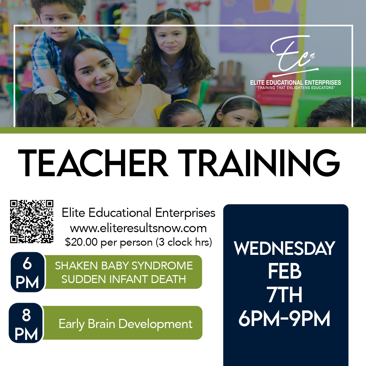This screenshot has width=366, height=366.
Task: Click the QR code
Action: pyautogui.click(x=32, y=222)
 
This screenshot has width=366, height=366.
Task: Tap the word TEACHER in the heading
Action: pyautogui.click(x=93, y=163)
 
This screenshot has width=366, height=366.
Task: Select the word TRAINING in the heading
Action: pyautogui.click(x=259, y=163)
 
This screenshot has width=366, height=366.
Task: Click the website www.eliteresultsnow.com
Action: pyautogui.click(x=138, y=228)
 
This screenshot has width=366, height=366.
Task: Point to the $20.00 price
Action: pyautogui.click(x=81, y=242)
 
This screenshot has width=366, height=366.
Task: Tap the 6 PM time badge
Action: pyautogui.click(x=27, y=272)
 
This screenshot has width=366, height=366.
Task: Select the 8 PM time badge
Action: pyautogui.click(x=26, y=323)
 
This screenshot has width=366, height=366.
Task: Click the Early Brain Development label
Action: pyautogui.click(x=126, y=324)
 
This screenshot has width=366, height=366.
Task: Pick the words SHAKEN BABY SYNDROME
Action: pyautogui.click(x=124, y=266)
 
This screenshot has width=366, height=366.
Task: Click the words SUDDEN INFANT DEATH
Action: pyautogui.click(x=124, y=279)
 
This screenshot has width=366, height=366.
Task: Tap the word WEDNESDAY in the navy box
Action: pyautogui.click(x=285, y=248)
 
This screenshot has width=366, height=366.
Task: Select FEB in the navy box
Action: pyautogui.click(x=285, y=271)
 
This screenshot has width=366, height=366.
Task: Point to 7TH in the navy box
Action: pyautogui.click(x=285, y=294)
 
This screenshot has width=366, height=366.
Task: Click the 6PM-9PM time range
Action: pyautogui.click(x=284, y=318)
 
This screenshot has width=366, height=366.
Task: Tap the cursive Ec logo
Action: pyautogui.click(x=294, y=56)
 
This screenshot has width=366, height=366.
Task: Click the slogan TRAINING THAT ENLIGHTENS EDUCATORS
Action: pyautogui.click(x=296, y=88)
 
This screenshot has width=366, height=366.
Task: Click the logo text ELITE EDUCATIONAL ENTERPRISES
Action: pyautogui.click(x=296, y=82)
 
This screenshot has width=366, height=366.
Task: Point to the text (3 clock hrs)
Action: pyautogui.click(x=184, y=242)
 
